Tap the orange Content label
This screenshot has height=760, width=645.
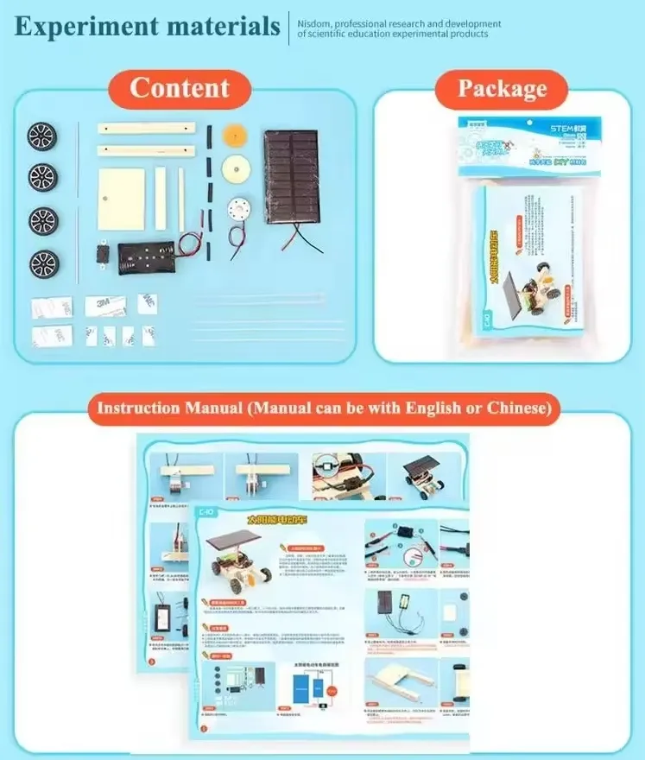180,88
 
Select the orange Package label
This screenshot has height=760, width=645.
502,89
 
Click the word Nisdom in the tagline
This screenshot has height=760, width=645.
317,24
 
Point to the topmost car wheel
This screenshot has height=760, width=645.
41,136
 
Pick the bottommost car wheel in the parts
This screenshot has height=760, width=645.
42,262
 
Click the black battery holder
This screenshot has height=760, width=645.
145,256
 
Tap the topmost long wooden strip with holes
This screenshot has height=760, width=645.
146,130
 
